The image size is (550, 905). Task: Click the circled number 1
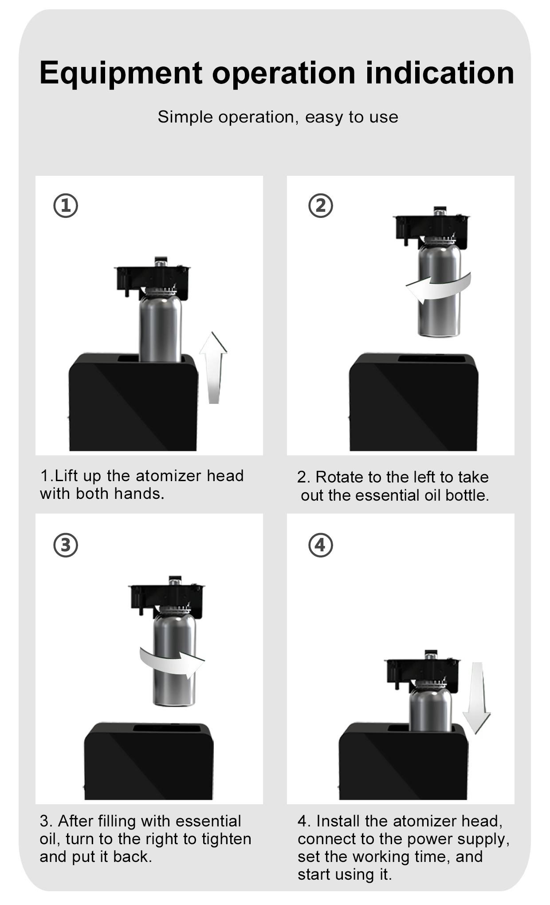(66, 206)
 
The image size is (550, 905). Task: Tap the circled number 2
(321, 206)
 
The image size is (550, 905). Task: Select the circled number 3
(66, 545)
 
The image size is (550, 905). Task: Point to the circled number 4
(321, 545)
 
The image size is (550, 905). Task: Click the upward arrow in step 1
(213, 368)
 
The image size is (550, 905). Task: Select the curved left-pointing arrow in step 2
(438, 288)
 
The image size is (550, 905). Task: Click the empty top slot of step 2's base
(431, 358)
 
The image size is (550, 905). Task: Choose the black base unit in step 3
(149, 761)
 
